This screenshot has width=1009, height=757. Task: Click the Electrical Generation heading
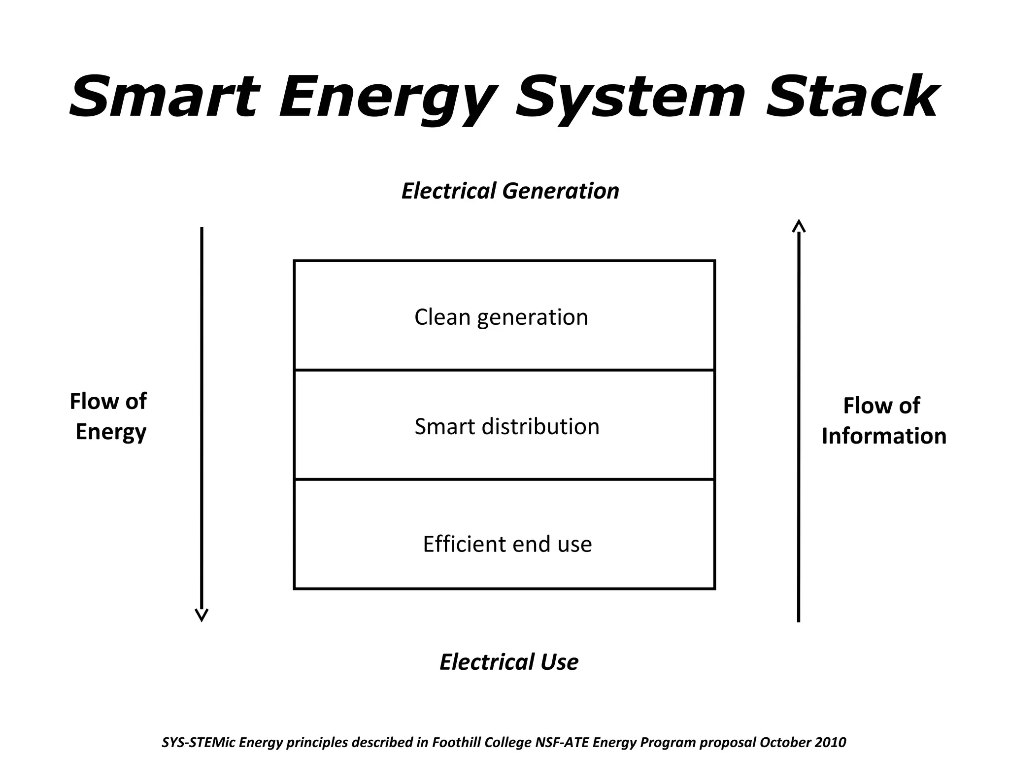tap(510, 191)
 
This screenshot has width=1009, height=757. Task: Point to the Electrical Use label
tap(509, 661)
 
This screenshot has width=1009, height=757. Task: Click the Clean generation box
tap(504, 315)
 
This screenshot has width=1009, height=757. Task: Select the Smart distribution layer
tap(504, 425)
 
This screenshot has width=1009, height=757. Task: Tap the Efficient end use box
tap(504, 535)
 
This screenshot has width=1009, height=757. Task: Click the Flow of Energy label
tap(109, 416)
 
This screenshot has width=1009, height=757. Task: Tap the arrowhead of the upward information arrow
tap(799, 226)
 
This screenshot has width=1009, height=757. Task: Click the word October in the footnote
tap(784, 742)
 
